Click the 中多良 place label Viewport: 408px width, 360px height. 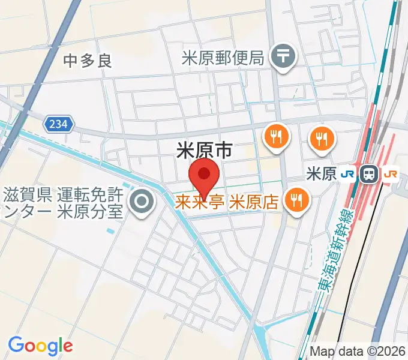[x=88, y=61]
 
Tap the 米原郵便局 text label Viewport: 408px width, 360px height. [x=223, y=58]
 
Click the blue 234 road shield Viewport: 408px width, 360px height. [x=59, y=124]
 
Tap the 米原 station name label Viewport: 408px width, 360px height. [x=321, y=174]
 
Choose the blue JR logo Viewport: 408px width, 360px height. [x=347, y=174]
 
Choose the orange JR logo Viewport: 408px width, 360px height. [x=390, y=174]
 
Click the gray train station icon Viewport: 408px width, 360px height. [x=368, y=174]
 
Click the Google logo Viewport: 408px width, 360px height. [x=40, y=346]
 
